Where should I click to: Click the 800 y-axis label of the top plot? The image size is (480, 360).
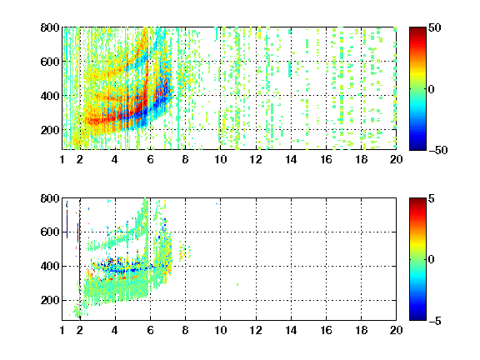point(50,27)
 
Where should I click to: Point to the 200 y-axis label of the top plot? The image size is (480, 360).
point(50,130)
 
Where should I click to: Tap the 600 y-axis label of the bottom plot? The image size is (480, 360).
point(50,232)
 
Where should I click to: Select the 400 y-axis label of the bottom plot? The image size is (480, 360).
point(50,266)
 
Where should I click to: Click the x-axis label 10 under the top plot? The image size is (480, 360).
point(220,159)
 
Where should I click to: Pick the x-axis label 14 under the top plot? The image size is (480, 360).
point(291,159)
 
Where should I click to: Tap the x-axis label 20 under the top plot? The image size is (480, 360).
point(396,159)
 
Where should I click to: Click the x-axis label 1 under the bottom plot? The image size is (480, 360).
point(62,330)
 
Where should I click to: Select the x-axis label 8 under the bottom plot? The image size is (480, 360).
point(185,330)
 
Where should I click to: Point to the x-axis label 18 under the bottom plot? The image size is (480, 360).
point(361,330)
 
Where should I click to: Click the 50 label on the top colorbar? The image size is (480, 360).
point(434,27)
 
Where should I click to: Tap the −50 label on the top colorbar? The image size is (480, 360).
point(437,150)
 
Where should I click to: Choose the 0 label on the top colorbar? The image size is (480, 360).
point(431,89)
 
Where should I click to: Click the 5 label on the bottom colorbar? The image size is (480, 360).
point(431,198)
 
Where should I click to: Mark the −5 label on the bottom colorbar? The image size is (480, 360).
point(434,321)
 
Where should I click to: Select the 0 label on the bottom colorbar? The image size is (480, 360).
point(431,260)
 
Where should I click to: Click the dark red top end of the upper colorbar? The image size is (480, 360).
point(417,30)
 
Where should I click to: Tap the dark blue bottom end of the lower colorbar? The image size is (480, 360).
point(417,317)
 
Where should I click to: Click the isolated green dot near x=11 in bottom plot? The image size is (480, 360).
point(237,285)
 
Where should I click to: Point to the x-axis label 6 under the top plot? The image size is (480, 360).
point(150,159)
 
